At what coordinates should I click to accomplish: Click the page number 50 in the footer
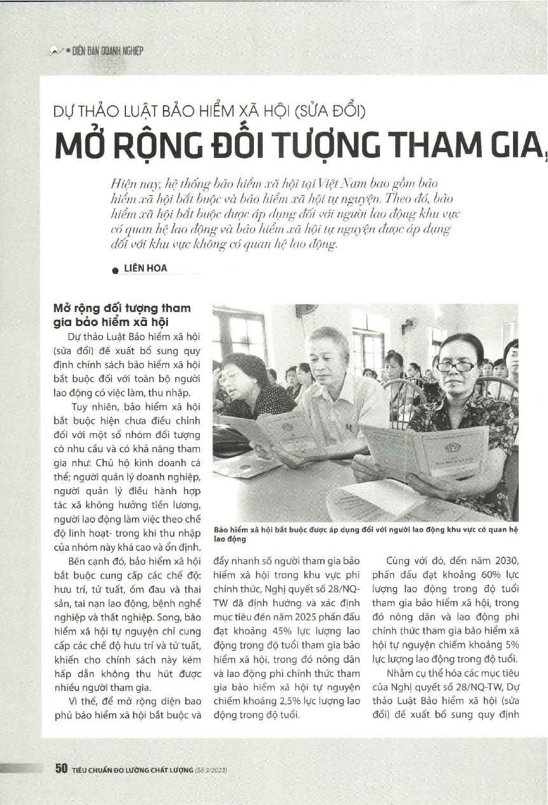[x=61, y=769]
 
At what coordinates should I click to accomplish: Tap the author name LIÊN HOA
[x=146, y=268]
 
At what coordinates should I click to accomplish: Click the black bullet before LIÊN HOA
[x=115, y=270]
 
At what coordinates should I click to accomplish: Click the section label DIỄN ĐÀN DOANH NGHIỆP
[x=102, y=51]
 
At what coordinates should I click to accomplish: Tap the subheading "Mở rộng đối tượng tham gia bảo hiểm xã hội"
[x=122, y=315]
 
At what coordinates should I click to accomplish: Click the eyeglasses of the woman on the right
[x=456, y=366]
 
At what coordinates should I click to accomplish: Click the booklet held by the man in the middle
[x=290, y=432]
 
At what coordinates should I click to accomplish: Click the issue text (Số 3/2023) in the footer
[x=211, y=770]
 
